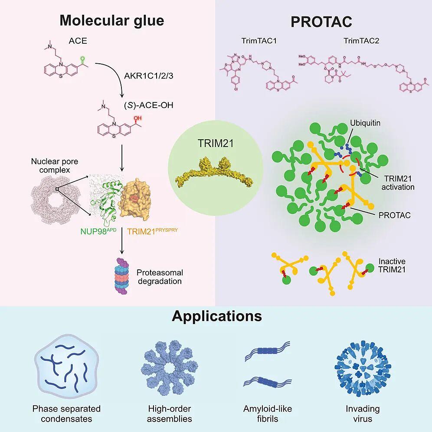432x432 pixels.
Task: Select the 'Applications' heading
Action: (217, 316)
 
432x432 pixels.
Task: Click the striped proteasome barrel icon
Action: (124, 276)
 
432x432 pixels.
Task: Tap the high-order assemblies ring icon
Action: (170, 369)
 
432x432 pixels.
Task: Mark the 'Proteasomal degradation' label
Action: (160, 277)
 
